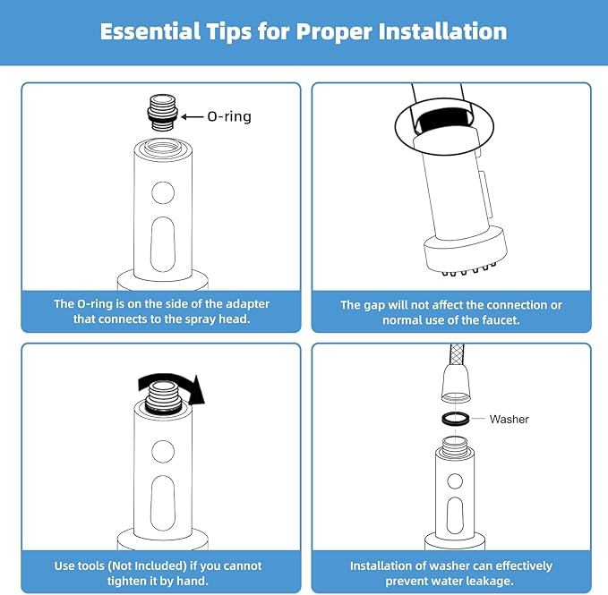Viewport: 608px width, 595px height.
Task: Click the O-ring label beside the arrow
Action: pyautogui.click(x=229, y=115)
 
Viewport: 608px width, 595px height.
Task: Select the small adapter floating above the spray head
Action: pyautogui.click(x=163, y=114)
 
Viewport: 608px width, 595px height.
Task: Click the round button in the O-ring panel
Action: pyautogui.click(x=162, y=191)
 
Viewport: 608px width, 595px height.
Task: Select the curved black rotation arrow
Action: pyautogui.click(x=172, y=384)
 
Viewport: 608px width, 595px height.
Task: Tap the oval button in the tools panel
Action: pyautogui.click(x=162, y=498)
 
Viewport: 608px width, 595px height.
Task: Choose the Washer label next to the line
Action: pyautogui.click(x=509, y=419)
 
